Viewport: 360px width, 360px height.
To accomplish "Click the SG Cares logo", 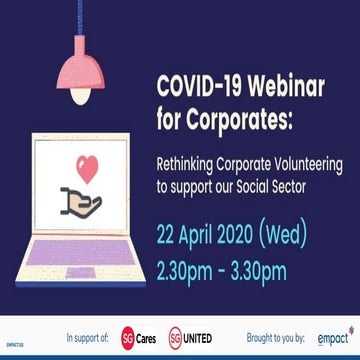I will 138,335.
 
